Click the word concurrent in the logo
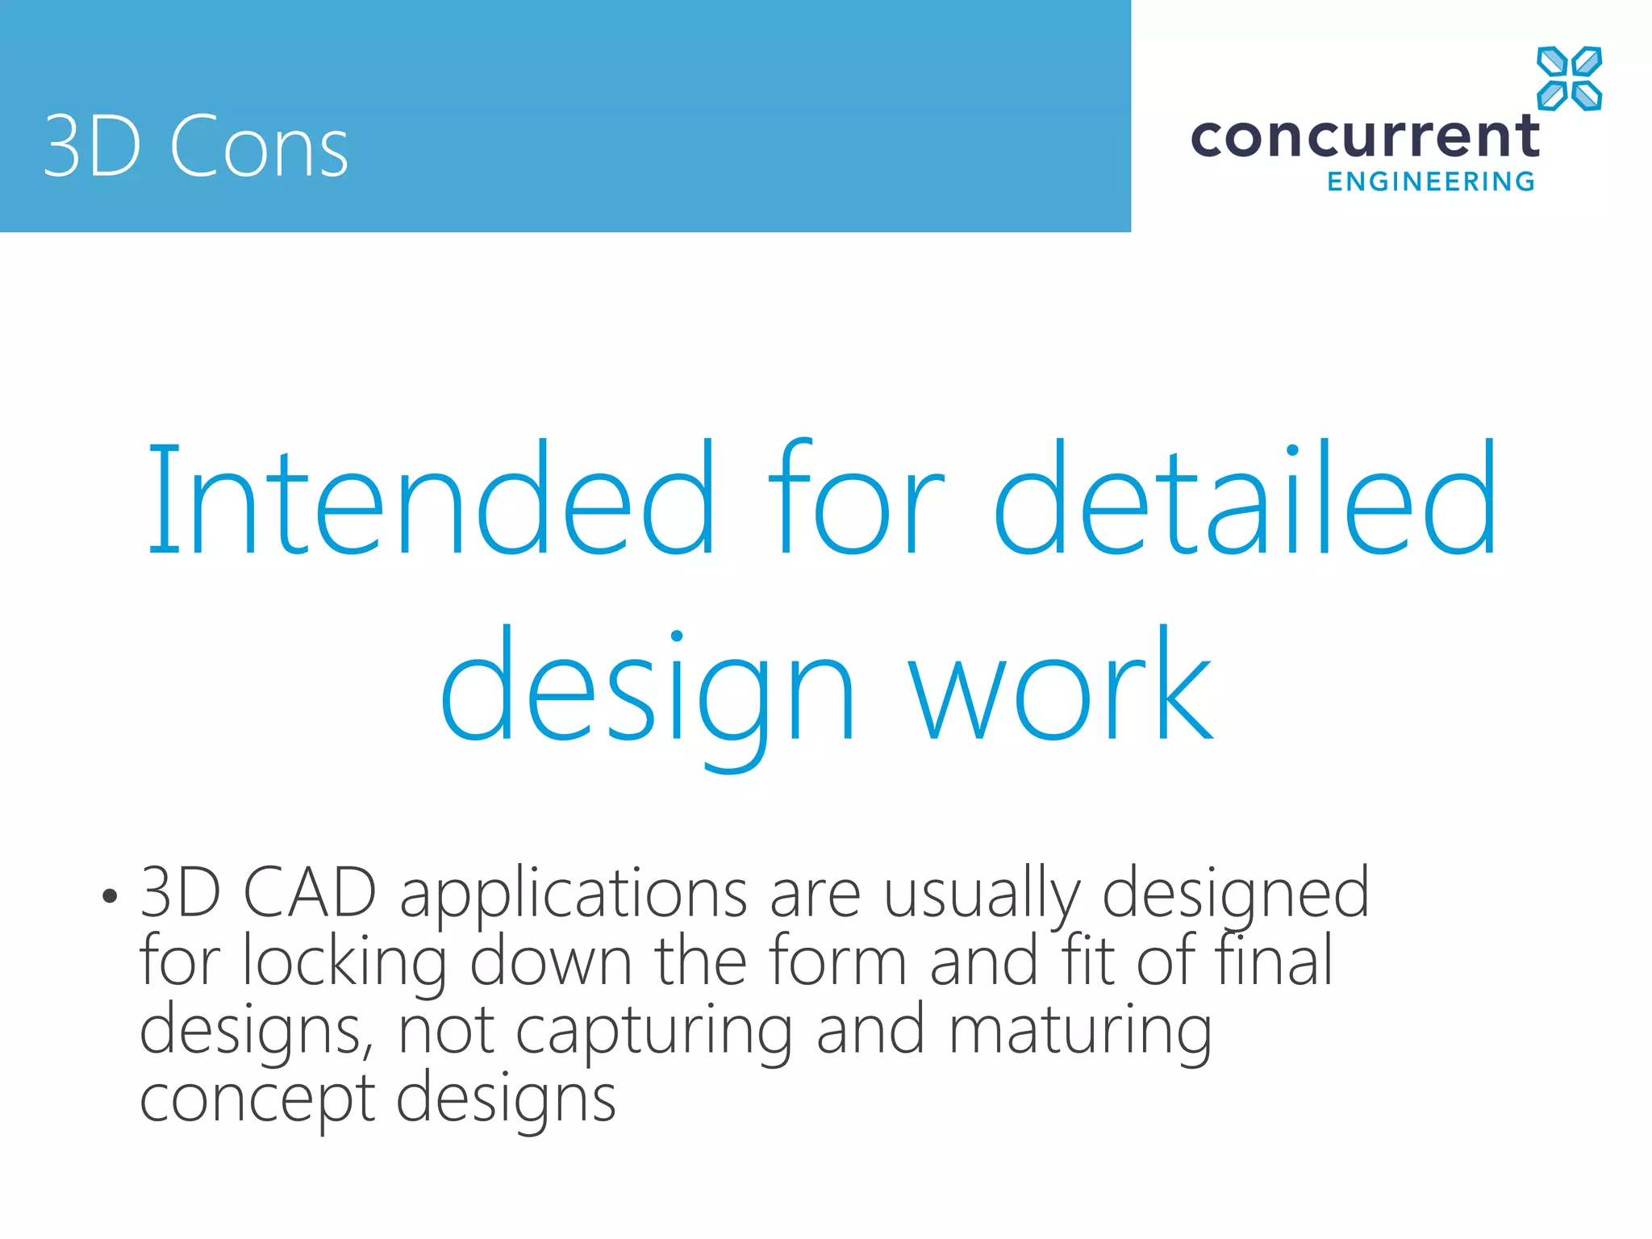[1365, 136]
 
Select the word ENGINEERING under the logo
[1431, 181]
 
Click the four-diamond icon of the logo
[1569, 78]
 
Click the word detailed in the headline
[1245, 500]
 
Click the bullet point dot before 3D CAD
[111, 895]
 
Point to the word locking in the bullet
[344, 962]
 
